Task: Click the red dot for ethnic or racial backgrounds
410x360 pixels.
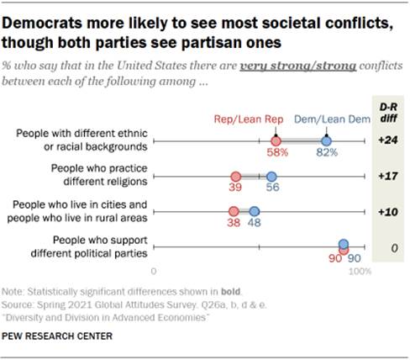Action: (276, 141)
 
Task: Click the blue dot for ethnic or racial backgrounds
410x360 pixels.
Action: (326, 141)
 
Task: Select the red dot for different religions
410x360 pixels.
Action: (235, 177)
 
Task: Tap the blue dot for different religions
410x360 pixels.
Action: (271, 177)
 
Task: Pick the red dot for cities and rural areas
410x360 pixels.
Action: (234, 211)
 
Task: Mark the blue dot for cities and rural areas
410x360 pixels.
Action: (255, 211)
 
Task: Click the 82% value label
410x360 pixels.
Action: (327, 153)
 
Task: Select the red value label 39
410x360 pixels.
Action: (234, 190)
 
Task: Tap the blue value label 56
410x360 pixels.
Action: (271, 190)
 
